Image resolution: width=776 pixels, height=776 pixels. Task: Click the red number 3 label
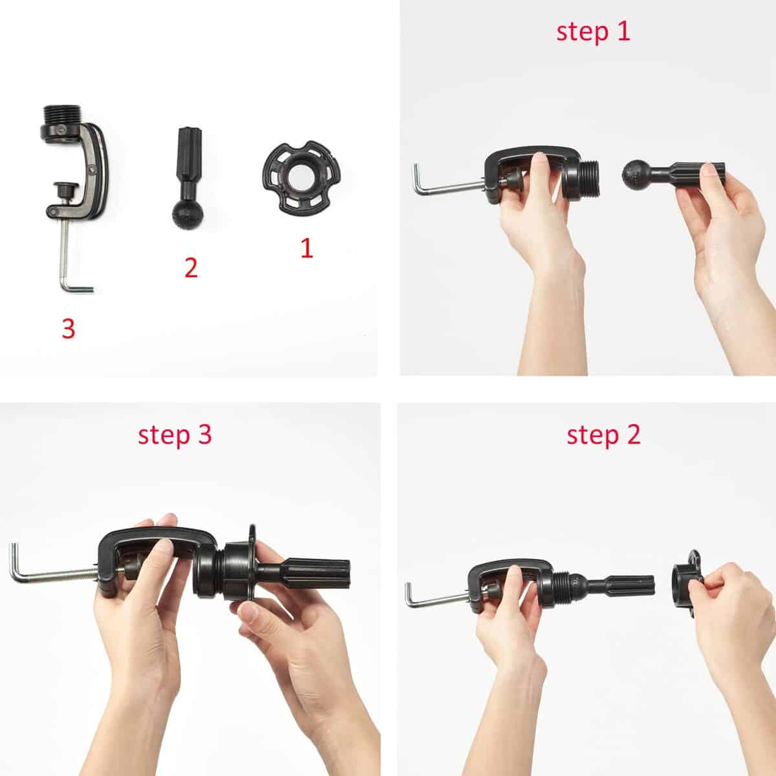tap(69, 329)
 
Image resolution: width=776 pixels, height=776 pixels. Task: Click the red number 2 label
tap(190, 267)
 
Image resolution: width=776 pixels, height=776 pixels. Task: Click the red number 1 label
tap(307, 248)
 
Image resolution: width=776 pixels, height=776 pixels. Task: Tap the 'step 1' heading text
tap(592, 32)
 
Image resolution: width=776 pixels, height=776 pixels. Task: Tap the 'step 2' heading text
tap(603, 435)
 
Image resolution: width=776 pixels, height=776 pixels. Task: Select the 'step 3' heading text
tap(175, 435)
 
